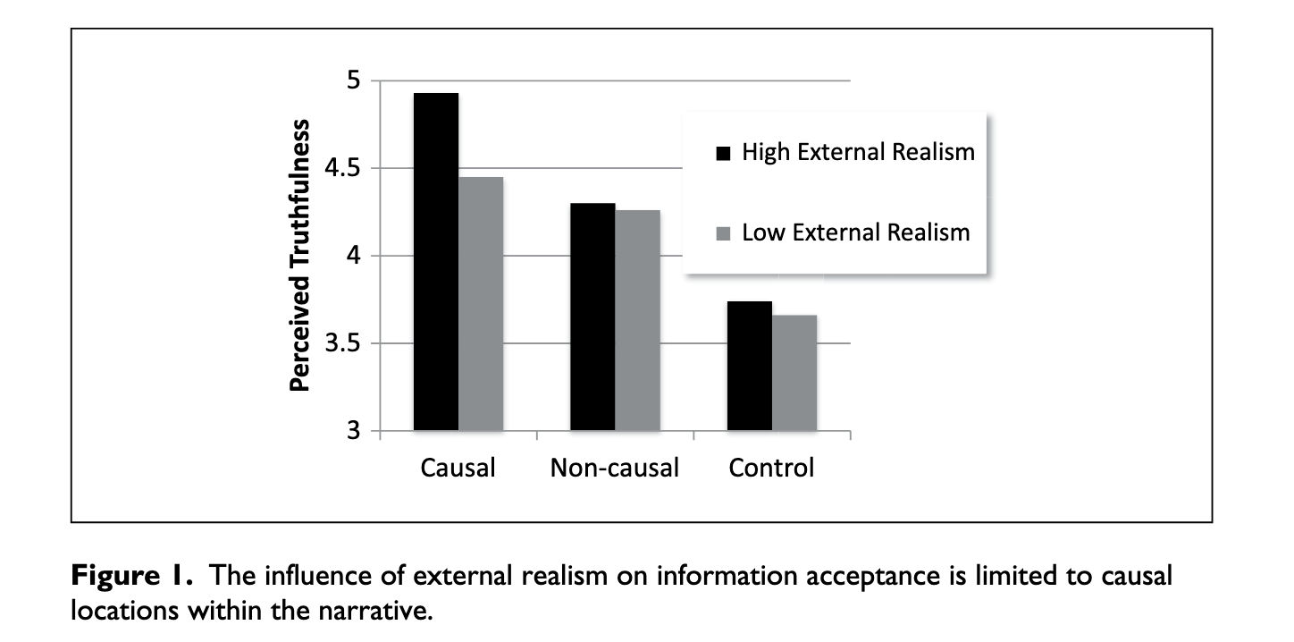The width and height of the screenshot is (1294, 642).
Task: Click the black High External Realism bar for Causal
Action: click(436, 262)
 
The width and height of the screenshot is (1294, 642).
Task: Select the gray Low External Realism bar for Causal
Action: click(481, 304)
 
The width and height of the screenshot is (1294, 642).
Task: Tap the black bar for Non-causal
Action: click(592, 317)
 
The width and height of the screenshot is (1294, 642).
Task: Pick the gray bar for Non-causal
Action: click(638, 320)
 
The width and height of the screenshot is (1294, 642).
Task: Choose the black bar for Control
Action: click(750, 366)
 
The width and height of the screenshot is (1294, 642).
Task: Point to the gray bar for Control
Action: click(794, 373)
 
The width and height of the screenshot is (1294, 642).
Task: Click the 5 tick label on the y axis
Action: click(353, 80)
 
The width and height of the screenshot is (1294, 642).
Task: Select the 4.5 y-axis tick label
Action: click(342, 168)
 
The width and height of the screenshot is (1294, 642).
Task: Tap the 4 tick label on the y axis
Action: click(353, 256)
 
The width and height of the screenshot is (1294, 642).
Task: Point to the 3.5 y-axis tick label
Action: click(342, 343)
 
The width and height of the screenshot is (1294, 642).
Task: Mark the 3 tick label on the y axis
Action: click(353, 430)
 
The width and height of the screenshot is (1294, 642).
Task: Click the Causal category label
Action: click(458, 468)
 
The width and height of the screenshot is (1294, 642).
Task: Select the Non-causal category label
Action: click(615, 468)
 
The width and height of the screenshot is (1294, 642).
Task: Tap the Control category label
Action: click(771, 468)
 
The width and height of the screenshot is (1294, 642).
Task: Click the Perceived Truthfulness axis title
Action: click(299, 256)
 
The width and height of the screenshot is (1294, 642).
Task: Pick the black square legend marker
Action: click(723, 153)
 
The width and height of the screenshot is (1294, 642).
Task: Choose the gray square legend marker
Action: click(723, 233)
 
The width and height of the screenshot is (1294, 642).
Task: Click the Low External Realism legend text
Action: click(856, 232)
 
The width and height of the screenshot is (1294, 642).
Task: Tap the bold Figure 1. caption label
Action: click(131, 576)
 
